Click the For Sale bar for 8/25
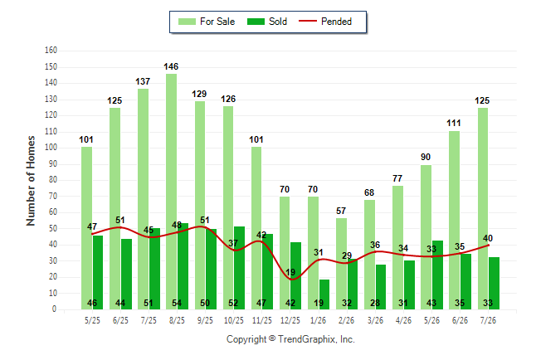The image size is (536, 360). (171, 192)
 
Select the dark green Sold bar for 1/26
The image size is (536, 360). (324, 294)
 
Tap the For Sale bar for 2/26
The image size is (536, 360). (341, 264)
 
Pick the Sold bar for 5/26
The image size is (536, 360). (437, 275)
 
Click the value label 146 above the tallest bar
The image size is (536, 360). (171, 66)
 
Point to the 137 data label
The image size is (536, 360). (143, 82)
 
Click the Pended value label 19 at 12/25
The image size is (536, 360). (290, 272)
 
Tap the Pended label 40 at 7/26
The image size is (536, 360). (488, 238)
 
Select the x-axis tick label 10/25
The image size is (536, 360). (234, 320)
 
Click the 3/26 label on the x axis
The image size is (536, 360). (375, 320)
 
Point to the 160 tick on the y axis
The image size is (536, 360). (51, 51)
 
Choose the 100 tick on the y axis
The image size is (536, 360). (51, 148)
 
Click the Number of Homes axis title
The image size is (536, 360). (31, 181)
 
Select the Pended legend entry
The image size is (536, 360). (325, 22)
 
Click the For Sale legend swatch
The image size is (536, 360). (187, 22)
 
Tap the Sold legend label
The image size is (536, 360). (278, 22)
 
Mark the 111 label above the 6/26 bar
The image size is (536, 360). (454, 123)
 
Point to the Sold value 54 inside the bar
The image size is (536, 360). (177, 303)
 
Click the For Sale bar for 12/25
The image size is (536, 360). (285, 253)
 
